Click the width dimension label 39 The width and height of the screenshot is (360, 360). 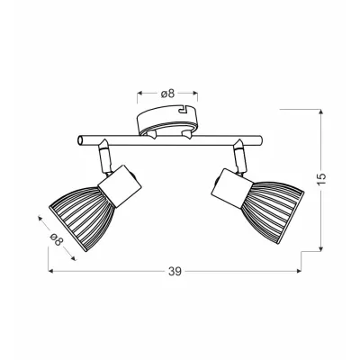pyautogui.click(x=175, y=271)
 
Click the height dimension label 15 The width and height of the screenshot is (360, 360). pyautogui.click(x=321, y=180)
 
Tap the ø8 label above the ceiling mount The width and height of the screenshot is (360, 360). pyautogui.click(x=167, y=94)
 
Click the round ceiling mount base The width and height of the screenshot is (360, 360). pyautogui.click(x=167, y=120)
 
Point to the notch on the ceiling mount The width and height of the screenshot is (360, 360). pyautogui.click(x=184, y=109)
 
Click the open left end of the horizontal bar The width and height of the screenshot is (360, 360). pyautogui.click(x=81, y=140)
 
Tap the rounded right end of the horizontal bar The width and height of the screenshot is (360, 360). pyautogui.click(x=260, y=140)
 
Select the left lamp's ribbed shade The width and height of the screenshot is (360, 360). pyautogui.click(x=82, y=217)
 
